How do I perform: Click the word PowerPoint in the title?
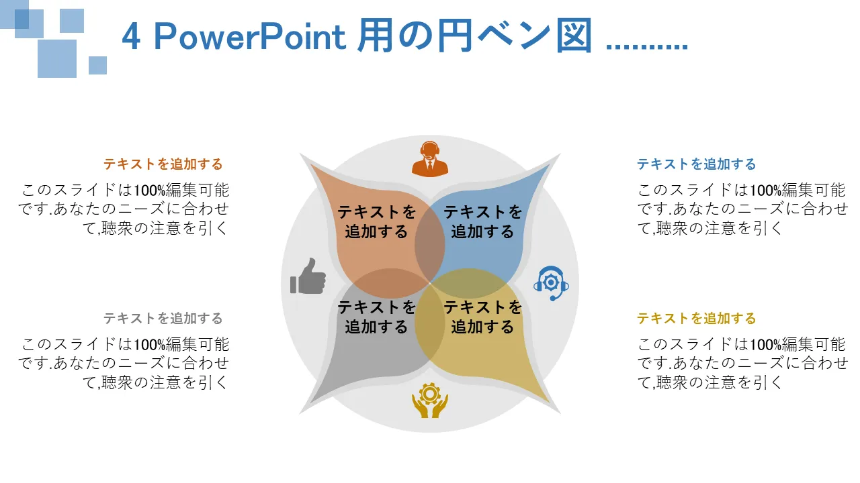pyautogui.click(x=250, y=37)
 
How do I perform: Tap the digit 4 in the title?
pyautogui.click(x=130, y=37)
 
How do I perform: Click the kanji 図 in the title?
pyautogui.click(x=574, y=36)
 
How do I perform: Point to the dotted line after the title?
pyautogui.click(x=646, y=47)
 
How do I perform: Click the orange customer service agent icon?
pyautogui.click(x=429, y=159)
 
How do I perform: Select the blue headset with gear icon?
pyautogui.click(x=551, y=283)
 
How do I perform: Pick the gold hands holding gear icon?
pyautogui.click(x=429, y=400)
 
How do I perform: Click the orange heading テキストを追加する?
pyautogui.click(x=163, y=164)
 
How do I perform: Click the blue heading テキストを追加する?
pyautogui.click(x=697, y=164)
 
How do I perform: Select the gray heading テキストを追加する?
pyautogui.click(x=163, y=318)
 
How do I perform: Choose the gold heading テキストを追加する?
pyautogui.click(x=697, y=318)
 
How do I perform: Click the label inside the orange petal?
pyautogui.click(x=377, y=221)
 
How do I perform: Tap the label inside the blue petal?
pyautogui.click(x=482, y=221)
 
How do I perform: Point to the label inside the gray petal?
pyautogui.click(x=377, y=317)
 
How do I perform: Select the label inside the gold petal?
pyautogui.click(x=482, y=317)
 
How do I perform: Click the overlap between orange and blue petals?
pyautogui.click(x=429, y=246)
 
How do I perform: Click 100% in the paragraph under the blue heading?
pyautogui.click(x=765, y=191)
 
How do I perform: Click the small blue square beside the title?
pyautogui.click(x=97, y=65)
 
